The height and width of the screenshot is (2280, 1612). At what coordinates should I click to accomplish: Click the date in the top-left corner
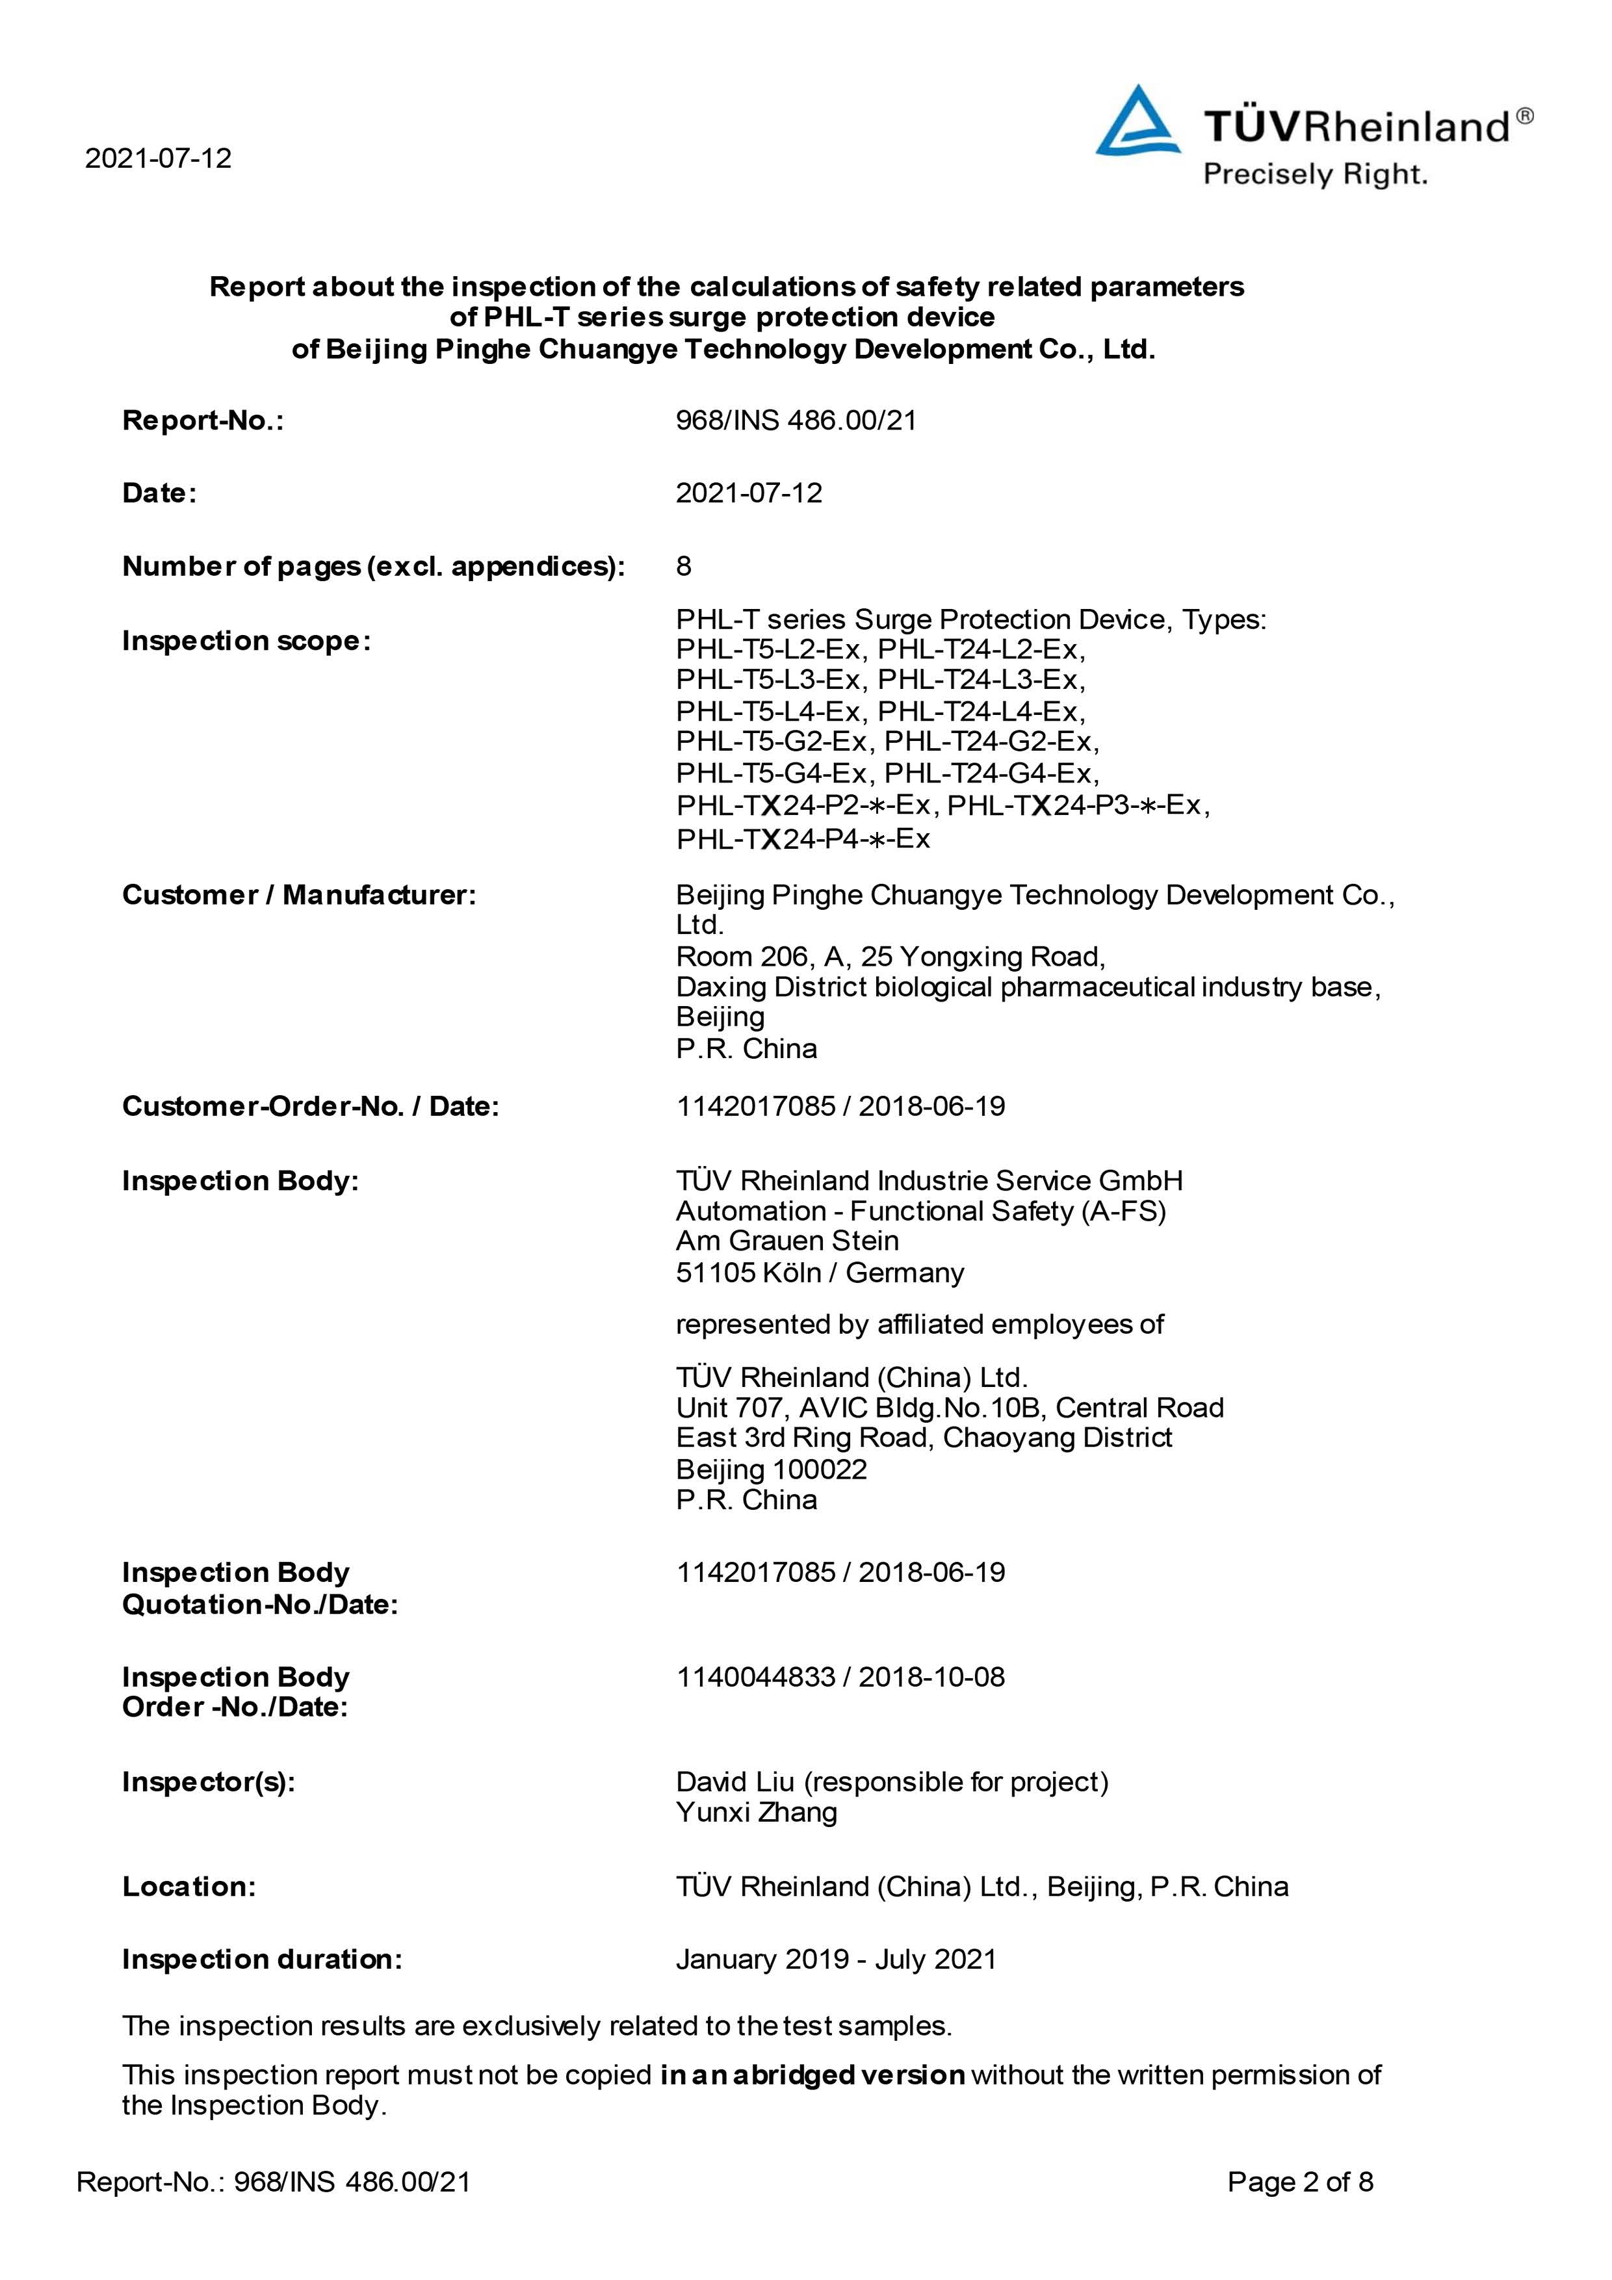pyautogui.click(x=158, y=159)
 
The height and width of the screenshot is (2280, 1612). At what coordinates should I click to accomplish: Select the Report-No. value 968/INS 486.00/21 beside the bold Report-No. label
pyautogui.click(x=796, y=421)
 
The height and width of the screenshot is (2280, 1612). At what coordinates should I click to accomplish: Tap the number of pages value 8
pyautogui.click(x=683, y=566)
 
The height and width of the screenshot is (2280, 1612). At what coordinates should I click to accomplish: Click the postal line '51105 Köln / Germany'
pyautogui.click(x=820, y=1273)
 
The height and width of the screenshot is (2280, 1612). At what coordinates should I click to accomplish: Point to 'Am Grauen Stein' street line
pyautogui.click(x=786, y=1241)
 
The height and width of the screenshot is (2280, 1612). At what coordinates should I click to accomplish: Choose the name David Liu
pyautogui.click(x=735, y=1783)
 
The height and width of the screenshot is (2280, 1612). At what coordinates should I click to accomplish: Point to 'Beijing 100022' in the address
pyautogui.click(x=771, y=1470)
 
